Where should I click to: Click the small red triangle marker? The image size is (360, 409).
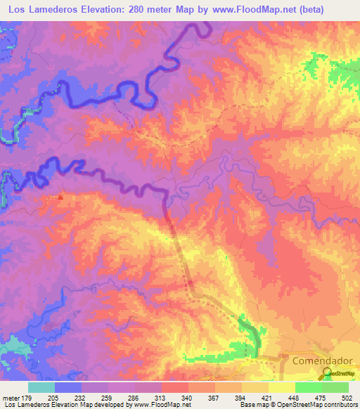[60, 197]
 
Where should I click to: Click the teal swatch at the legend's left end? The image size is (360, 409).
[41, 387]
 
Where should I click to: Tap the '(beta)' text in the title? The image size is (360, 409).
[338, 9]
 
